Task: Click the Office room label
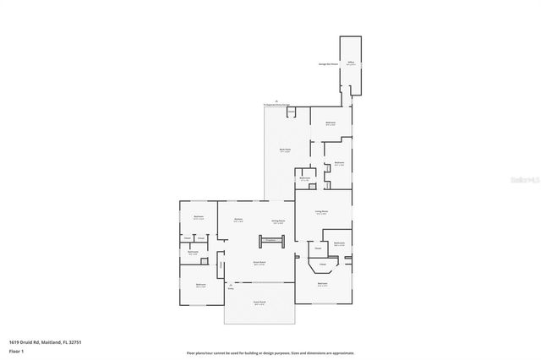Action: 350,63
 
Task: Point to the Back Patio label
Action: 285,150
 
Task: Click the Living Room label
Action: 321,213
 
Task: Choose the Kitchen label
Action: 238,220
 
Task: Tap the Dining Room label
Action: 277,221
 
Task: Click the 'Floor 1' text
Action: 17,351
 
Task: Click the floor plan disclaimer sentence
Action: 270,352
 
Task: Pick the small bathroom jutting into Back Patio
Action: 304,179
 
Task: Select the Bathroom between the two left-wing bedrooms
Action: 193,252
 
